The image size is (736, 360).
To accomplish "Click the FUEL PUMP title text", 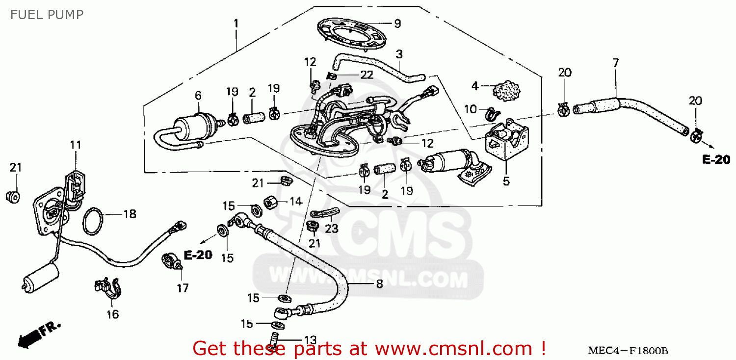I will pos(47,14).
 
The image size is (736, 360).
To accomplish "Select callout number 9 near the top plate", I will pos(397,24).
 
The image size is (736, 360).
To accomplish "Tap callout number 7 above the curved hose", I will pos(615,63).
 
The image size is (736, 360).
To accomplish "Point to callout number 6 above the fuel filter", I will pos(198,95).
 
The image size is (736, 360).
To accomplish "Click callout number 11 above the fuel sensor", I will pos(75,145).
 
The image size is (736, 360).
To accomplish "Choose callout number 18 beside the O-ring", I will pos(130,214).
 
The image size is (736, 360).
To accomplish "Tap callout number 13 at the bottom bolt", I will pos(310,340).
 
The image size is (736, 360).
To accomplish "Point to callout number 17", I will pos(183,288).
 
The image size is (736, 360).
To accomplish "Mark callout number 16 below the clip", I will pos(113,314).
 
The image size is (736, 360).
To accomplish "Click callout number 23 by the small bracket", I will pos(332,228).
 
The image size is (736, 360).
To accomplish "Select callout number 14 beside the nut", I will pos(295,201).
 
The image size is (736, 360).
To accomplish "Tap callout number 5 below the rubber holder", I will pos(506,181).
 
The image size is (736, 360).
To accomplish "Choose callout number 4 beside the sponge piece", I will pos(474,86).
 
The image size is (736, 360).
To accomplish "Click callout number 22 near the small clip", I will pos(366,75).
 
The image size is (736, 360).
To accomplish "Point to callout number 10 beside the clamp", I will pos(470,109).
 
